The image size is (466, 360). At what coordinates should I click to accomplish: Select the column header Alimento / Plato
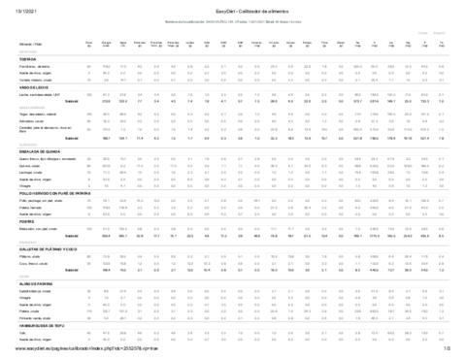click(22, 44)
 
